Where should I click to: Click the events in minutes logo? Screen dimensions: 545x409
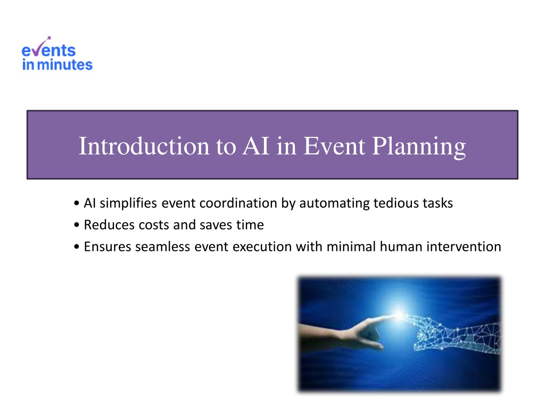tap(57, 54)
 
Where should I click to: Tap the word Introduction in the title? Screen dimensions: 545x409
tap(144, 146)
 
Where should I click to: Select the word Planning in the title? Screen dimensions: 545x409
tap(419, 146)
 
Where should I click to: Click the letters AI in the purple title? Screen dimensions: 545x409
tap(256, 146)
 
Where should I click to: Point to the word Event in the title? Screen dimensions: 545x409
tap(334, 146)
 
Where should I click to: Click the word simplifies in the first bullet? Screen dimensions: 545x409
tap(128, 203)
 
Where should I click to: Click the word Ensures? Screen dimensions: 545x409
tap(108, 247)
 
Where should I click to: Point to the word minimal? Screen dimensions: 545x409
tap(351, 247)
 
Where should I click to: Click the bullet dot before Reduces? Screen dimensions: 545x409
tap(77, 225)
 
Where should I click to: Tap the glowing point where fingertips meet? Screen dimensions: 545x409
tap(399, 315)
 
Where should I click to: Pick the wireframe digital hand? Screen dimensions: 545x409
tap(456, 334)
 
